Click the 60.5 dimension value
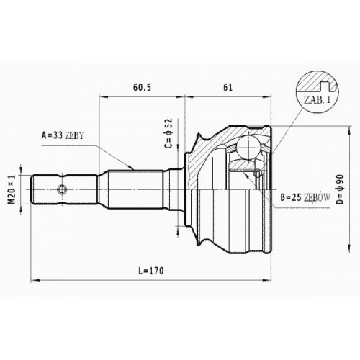(x=143, y=87)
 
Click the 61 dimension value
(x=228, y=87)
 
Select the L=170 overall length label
(x=151, y=271)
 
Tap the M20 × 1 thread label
(x=12, y=189)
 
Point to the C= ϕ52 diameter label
(x=169, y=133)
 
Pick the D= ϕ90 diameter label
(x=340, y=189)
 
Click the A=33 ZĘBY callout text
(x=63, y=135)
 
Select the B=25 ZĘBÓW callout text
(x=305, y=197)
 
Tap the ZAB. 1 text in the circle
(x=317, y=100)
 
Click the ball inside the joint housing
(x=249, y=147)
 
